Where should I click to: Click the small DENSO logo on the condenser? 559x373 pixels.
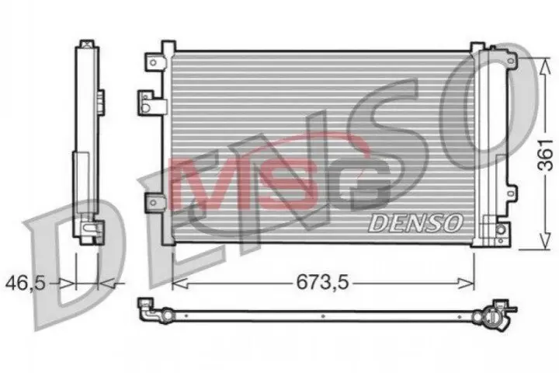click(x=415, y=222)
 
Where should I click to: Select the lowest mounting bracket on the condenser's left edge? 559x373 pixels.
click(x=151, y=204)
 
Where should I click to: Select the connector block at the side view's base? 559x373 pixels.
click(x=90, y=228)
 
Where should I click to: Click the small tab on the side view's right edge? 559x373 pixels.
click(x=102, y=99)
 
